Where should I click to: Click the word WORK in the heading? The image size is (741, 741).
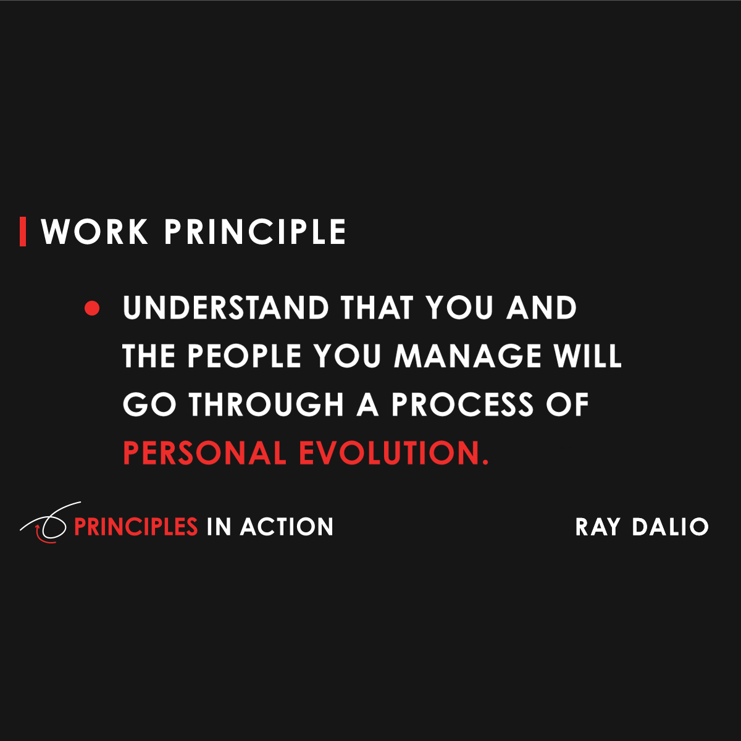click(x=95, y=232)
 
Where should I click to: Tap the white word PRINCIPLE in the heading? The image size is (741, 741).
click(x=255, y=232)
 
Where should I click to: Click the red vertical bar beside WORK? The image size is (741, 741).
click(x=23, y=232)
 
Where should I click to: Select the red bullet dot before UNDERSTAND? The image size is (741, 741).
click(x=92, y=308)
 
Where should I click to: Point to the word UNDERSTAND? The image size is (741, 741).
click(x=226, y=308)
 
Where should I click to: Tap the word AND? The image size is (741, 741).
click(x=542, y=308)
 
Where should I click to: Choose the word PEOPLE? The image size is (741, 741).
click(x=245, y=356)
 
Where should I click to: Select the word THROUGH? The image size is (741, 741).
click(x=266, y=404)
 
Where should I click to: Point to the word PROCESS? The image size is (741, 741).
click(x=463, y=404)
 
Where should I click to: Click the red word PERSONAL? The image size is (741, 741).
click(x=205, y=453)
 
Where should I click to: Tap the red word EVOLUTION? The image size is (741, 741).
click(x=394, y=453)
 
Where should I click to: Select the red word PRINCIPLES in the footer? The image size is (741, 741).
click(x=136, y=527)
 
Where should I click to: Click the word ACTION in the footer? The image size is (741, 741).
click(x=287, y=527)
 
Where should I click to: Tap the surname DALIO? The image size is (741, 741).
click(x=670, y=527)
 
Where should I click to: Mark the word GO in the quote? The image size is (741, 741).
click(x=141, y=404)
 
